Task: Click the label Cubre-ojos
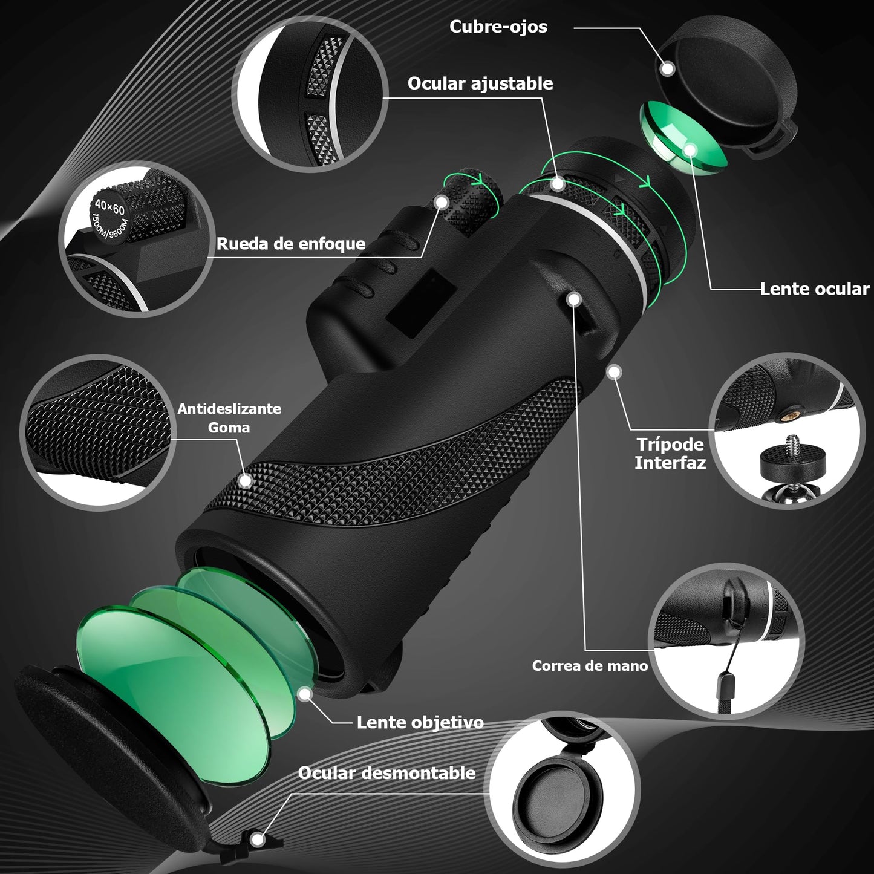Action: [498, 27]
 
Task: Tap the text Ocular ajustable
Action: [480, 83]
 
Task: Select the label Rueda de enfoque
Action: [291, 244]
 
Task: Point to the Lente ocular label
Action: [815, 289]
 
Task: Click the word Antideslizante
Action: [229, 409]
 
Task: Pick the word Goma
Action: [229, 428]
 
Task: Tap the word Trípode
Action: [670, 445]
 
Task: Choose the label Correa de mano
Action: [590, 666]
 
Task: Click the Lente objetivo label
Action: [420, 723]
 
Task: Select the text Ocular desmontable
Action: [386, 773]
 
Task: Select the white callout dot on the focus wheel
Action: [441, 202]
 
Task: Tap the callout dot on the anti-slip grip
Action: [246, 481]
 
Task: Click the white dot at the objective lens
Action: [305, 694]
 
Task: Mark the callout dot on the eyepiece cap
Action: [668, 69]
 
